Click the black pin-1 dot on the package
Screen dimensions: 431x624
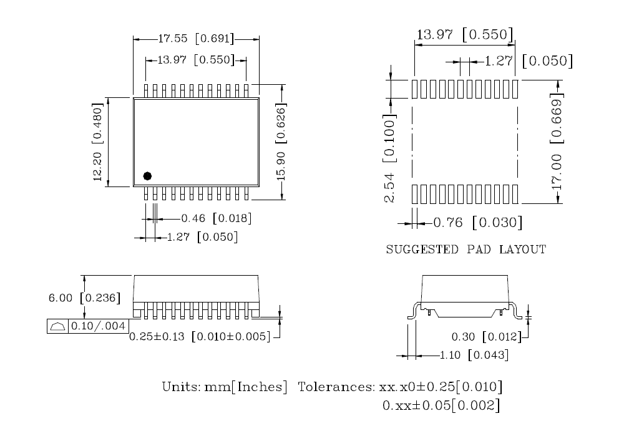(147, 177)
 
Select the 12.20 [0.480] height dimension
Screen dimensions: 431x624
(98, 142)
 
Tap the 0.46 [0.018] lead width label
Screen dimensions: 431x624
(216, 219)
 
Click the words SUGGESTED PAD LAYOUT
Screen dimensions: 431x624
(466, 250)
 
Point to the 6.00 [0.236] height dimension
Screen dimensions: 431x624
(84, 298)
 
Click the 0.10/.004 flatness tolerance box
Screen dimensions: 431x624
(97, 326)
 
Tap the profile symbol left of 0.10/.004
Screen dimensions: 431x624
(57, 326)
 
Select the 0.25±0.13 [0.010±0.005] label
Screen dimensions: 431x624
(200, 337)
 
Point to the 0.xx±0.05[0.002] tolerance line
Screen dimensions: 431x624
(441, 406)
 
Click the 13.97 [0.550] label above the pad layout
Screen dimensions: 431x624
(464, 34)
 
